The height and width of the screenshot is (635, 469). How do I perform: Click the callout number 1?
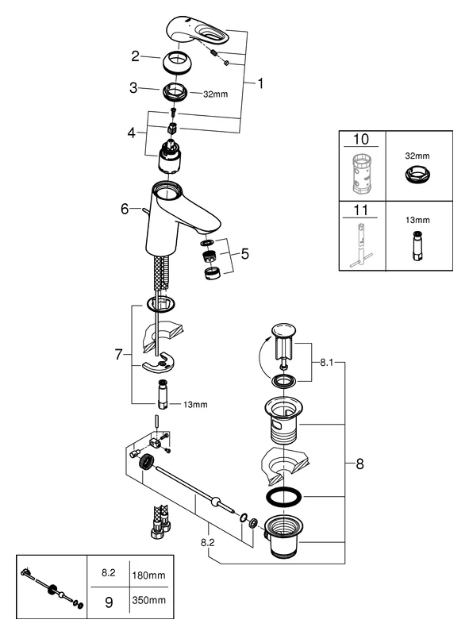pyautogui.click(x=262, y=83)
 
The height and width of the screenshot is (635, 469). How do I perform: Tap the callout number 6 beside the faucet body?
pyautogui.click(x=125, y=209)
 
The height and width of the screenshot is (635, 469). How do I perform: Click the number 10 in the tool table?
pyautogui.click(x=361, y=139)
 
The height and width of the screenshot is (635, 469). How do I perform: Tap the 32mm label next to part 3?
pyautogui.click(x=216, y=94)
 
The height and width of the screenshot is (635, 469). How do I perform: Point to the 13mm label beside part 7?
pyautogui.click(x=195, y=404)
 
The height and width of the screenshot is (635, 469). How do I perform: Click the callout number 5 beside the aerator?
pyautogui.click(x=245, y=254)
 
